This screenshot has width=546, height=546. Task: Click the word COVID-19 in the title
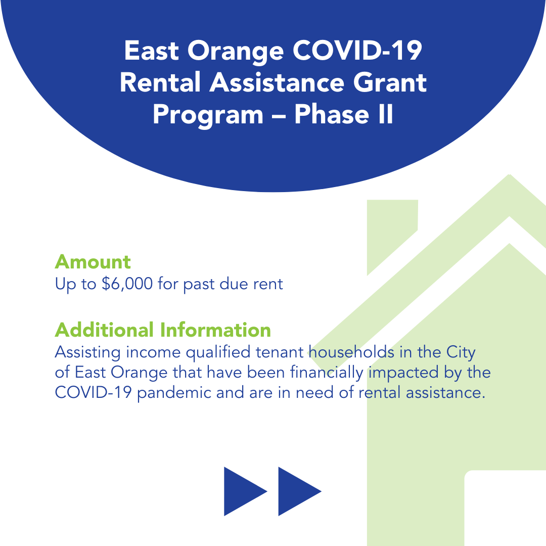pyautogui.click(x=357, y=51)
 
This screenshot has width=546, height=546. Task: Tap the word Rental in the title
pyautogui.click(x=160, y=82)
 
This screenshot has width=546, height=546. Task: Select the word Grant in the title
pyautogui.click(x=390, y=82)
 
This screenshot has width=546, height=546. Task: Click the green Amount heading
pyautogui.click(x=93, y=262)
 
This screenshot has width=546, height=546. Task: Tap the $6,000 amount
pyautogui.click(x=127, y=284)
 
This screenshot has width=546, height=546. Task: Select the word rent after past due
pyautogui.click(x=268, y=284)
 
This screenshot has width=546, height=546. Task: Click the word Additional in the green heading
pyautogui.click(x=104, y=330)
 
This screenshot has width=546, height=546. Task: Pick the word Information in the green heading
pyautogui.click(x=215, y=330)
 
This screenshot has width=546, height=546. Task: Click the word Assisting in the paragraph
pyautogui.click(x=88, y=353)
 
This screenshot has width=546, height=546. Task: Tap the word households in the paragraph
pyautogui.click(x=352, y=352)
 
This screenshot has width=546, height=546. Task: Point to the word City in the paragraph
pyautogui.click(x=461, y=353)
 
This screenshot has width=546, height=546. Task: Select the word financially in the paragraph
pyautogui.click(x=327, y=373)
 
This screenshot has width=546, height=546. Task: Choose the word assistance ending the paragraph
pyautogui.click(x=445, y=393)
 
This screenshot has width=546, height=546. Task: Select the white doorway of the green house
pyautogui.click(x=505, y=508)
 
